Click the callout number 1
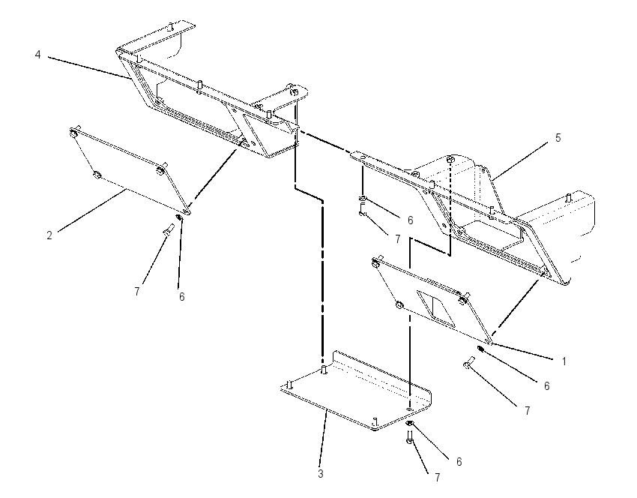click(x=564, y=361)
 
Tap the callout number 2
click(x=49, y=235)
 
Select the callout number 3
click(x=321, y=473)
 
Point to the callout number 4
click(x=37, y=55)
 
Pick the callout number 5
click(x=558, y=138)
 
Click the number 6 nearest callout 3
click(x=459, y=462)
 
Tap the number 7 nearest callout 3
click(x=437, y=478)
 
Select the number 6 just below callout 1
click(x=546, y=385)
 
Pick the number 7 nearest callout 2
click(x=137, y=292)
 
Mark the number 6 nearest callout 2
click(x=181, y=297)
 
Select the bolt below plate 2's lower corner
click(x=168, y=230)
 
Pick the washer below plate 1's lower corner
click(x=480, y=349)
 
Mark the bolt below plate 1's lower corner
click(x=469, y=363)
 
